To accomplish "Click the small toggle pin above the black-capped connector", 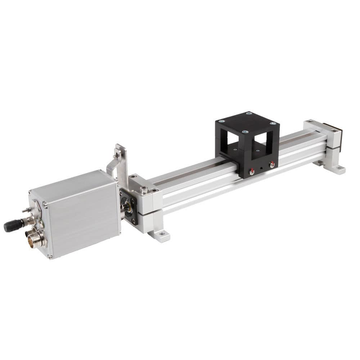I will (x=26, y=210).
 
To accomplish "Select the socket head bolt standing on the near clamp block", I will (x=144, y=189).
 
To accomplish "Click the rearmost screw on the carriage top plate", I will (x=249, y=113).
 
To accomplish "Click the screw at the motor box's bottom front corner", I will (x=50, y=257).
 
